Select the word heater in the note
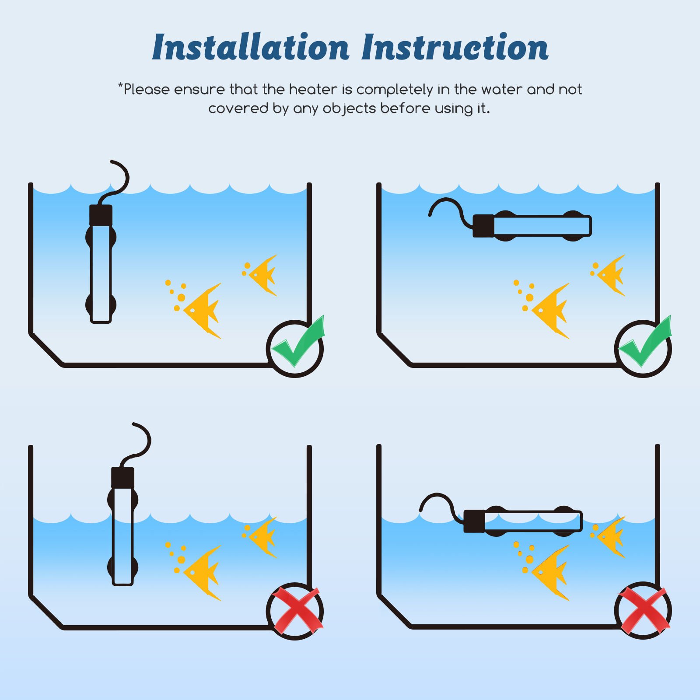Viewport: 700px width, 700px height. tap(313, 89)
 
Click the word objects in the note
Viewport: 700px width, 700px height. tap(349, 108)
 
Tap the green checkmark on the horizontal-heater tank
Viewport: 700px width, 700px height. tap(646, 341)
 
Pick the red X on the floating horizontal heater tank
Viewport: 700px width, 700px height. tap(644, 610)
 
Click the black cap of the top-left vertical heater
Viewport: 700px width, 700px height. tap(101, 215)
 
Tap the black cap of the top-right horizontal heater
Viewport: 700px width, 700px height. tap(483, 226)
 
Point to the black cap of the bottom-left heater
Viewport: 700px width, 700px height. tap(122, 478)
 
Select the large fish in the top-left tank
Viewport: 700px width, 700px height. tap(202, 311)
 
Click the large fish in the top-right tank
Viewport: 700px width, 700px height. tap(550, 311)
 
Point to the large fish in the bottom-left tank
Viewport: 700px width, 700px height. tap(202, 573)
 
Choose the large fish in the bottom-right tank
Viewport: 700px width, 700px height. tap(550, 573)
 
